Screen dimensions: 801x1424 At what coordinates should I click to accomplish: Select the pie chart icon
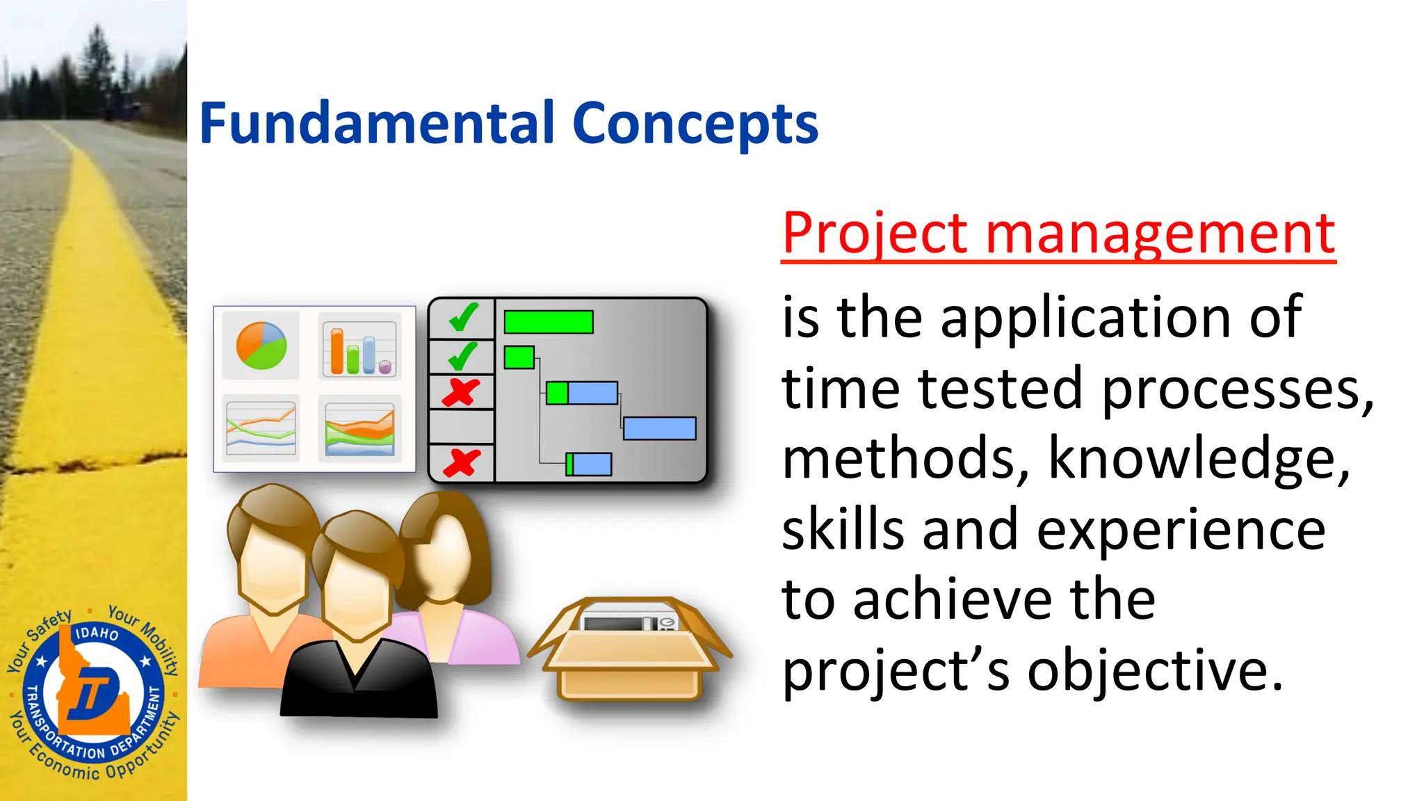pyautogui.click(x=261, y=346)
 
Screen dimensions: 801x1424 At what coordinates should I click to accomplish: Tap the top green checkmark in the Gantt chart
pyautogui.click(x=462, y=318)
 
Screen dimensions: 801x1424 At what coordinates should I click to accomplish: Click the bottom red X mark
pyautogui.click(x=462, y=462)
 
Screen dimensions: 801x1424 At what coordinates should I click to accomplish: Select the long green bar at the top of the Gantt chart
pyautogui.click(x=549, y=322)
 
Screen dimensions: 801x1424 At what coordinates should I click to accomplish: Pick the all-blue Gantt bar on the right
pyautogui.click(x=659, y=428)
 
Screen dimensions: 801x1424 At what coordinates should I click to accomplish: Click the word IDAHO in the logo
pyautogui.click(x=97, y=633)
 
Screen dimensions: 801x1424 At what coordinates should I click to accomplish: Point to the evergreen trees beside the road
pyautogui.click(x=97, y=70)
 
